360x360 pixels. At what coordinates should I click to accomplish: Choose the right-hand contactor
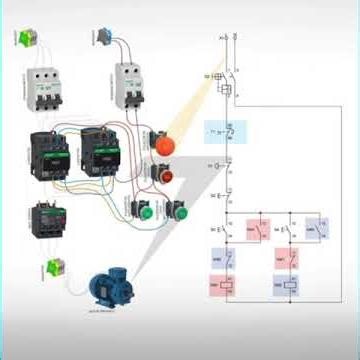[104, 152]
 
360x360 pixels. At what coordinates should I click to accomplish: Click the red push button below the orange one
[164, 174]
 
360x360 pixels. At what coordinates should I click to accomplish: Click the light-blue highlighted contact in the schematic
[225, 132]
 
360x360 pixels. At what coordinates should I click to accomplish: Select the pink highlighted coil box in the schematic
[216, 286]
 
